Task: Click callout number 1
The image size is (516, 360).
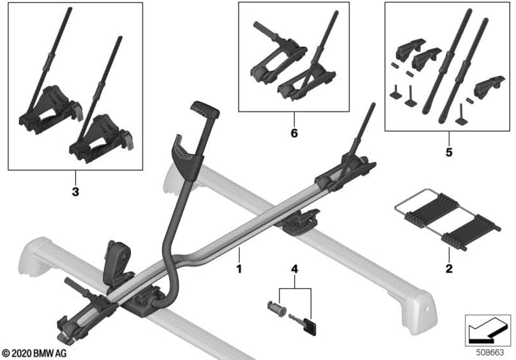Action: (239, 267)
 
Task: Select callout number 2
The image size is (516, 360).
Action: (449, 267)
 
